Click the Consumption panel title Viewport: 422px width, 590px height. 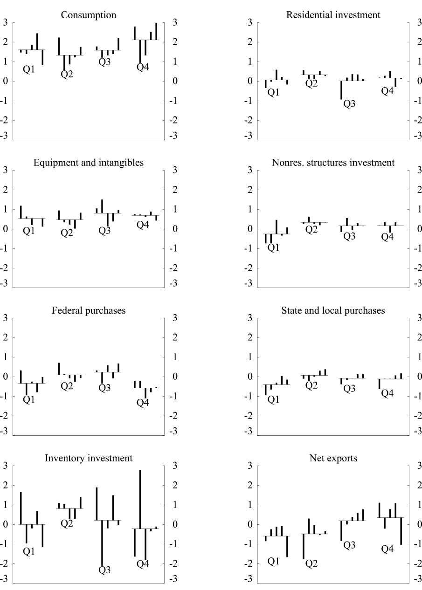[x=89, y=15]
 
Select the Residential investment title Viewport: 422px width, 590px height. [x=333, y=15]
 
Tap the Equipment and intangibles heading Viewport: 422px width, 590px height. [x=89, y=163]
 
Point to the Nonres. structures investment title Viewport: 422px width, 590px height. [x=333, y=163]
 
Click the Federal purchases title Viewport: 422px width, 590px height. [x=89, y=310]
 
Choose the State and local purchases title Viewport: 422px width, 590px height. [x=333, y=310]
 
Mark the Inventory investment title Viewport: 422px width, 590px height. [x=89, y=458]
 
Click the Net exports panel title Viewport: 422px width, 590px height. [x=333, y=458]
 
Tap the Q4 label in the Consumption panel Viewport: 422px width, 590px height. [x=143, y=68]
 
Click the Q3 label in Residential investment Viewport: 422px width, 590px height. [x=349, y=103]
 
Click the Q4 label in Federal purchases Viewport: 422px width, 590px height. [x=143, y=403]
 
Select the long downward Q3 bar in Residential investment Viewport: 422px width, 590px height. [x=341, y=90]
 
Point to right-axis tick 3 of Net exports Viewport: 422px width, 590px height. [x=411, y=466]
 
